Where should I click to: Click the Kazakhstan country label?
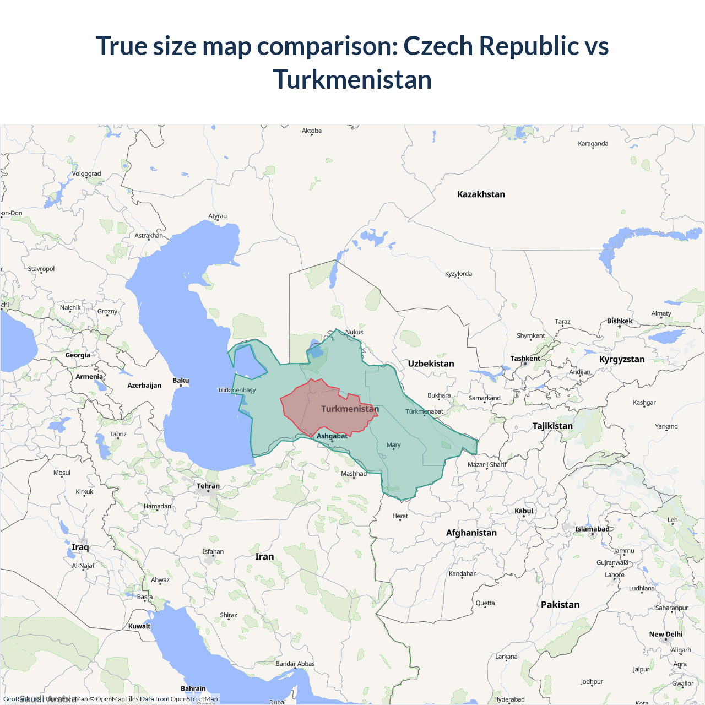(481, 194)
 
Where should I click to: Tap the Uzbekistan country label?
(431, 364)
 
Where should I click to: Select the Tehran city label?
(208, 486)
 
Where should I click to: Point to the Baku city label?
(181, 381)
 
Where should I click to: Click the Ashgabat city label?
(332, 436)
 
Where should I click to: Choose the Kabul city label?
(524, 511)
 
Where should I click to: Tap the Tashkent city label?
(525, 359)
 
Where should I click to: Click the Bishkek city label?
(620, 321)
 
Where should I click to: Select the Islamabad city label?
(592, 529)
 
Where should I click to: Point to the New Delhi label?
(665, 634)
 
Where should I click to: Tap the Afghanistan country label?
(471, 533)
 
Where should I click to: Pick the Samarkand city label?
(485, 398)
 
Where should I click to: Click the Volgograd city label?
(86, 174)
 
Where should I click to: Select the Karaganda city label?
(593, 144)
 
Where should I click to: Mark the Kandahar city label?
(462, 574)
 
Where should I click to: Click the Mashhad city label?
(354, 474)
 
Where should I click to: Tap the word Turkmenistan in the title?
(352, 80)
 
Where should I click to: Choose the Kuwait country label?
(139, 626)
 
